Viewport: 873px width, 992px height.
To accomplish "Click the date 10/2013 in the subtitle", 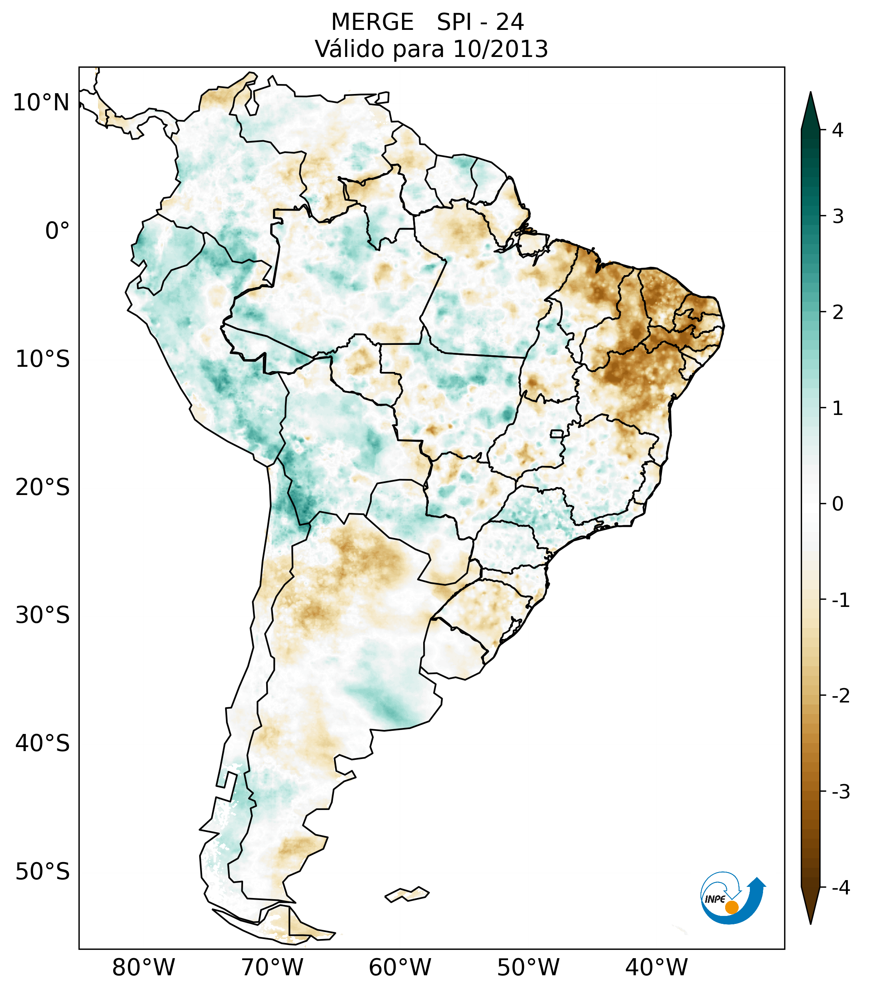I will pos(500,49).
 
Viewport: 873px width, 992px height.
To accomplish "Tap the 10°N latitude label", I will pos(41,103).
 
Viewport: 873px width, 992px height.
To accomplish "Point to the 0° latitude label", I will pos(57,231).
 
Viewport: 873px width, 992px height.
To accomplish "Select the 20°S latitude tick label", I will pos(43,487).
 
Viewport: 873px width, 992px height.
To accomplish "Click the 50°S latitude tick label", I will pos(43,872).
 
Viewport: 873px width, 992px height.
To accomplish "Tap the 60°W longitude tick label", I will pos(400,967).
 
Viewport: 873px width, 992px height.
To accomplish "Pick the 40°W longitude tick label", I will pos(657,967).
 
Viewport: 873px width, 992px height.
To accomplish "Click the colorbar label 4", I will pos(838,130).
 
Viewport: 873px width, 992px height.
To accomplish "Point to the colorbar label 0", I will pos(838,504).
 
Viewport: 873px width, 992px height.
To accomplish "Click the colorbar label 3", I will pos(838,217).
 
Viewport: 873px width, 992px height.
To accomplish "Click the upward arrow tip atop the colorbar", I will pos(810,96).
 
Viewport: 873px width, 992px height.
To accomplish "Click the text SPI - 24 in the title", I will pos(480,22).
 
